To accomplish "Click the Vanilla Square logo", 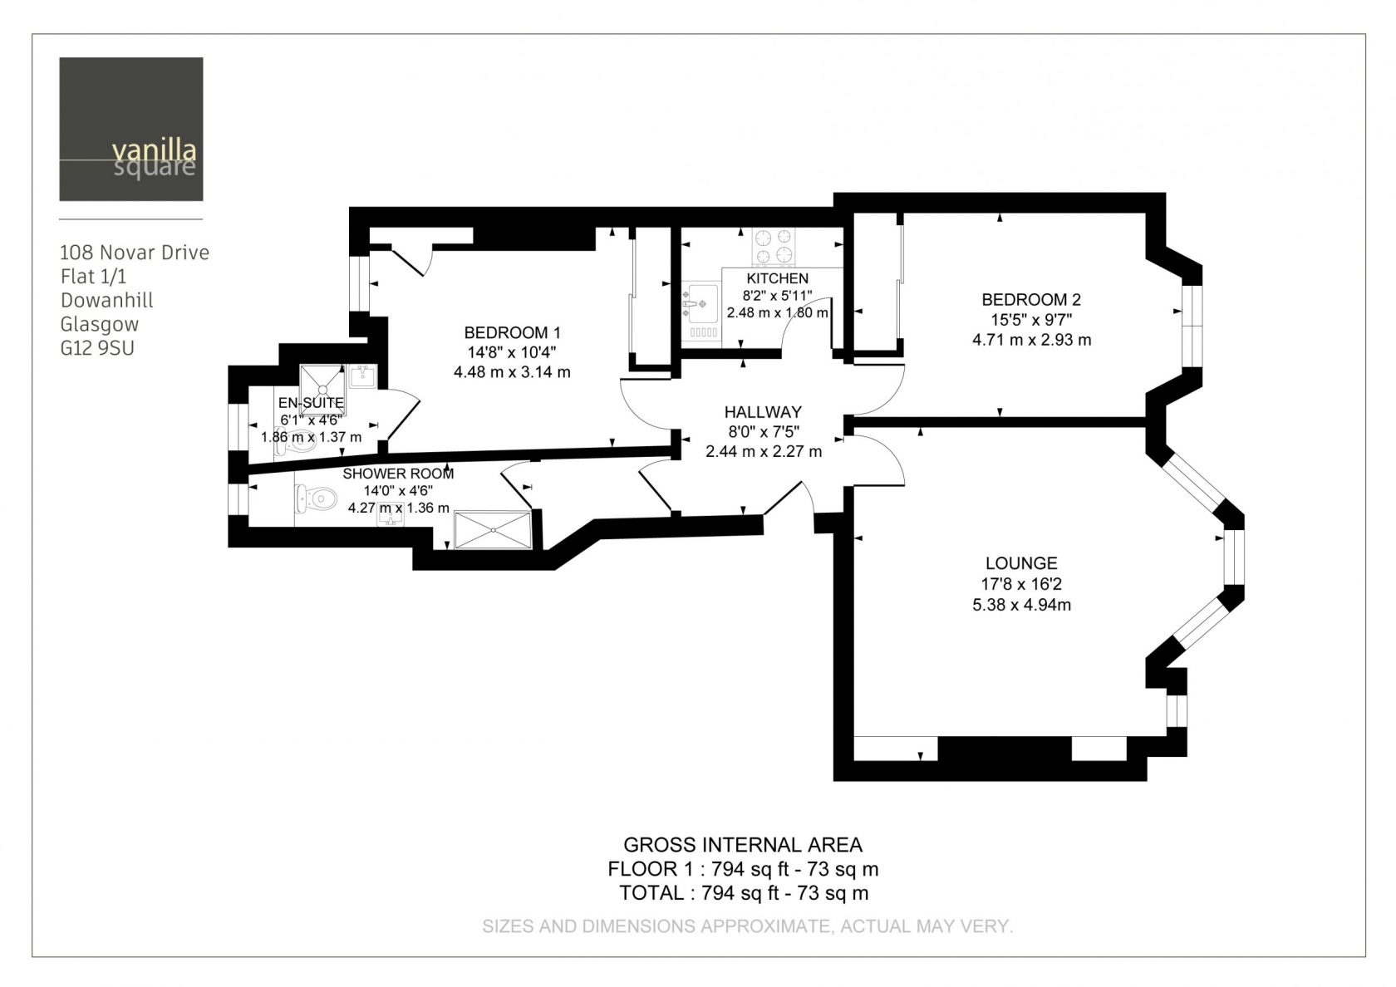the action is point(131,129).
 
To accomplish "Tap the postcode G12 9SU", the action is point(97,348).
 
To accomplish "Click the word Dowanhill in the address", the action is point(106,301).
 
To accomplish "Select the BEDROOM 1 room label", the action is point(512,332).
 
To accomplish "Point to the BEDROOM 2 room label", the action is point(1031,300).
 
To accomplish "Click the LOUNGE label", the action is point(1021,563).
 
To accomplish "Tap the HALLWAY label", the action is point(763,412).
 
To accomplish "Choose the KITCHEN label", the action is point(777,278).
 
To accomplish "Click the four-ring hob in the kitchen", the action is point(774,247).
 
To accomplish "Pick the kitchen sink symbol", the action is point(701,303).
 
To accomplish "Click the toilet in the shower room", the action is point(316,498).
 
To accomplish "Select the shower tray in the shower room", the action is point(493,530).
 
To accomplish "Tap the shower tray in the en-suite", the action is point(322,389).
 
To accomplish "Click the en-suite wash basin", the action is point(362,377).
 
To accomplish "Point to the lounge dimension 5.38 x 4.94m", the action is point(1021,605).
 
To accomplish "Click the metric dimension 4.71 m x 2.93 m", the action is point(1031,341).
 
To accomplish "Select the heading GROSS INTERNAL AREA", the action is point(743,845).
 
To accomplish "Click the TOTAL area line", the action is point(744,893).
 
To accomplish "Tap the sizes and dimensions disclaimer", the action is point(748,926).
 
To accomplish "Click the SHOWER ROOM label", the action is point(398,474).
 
